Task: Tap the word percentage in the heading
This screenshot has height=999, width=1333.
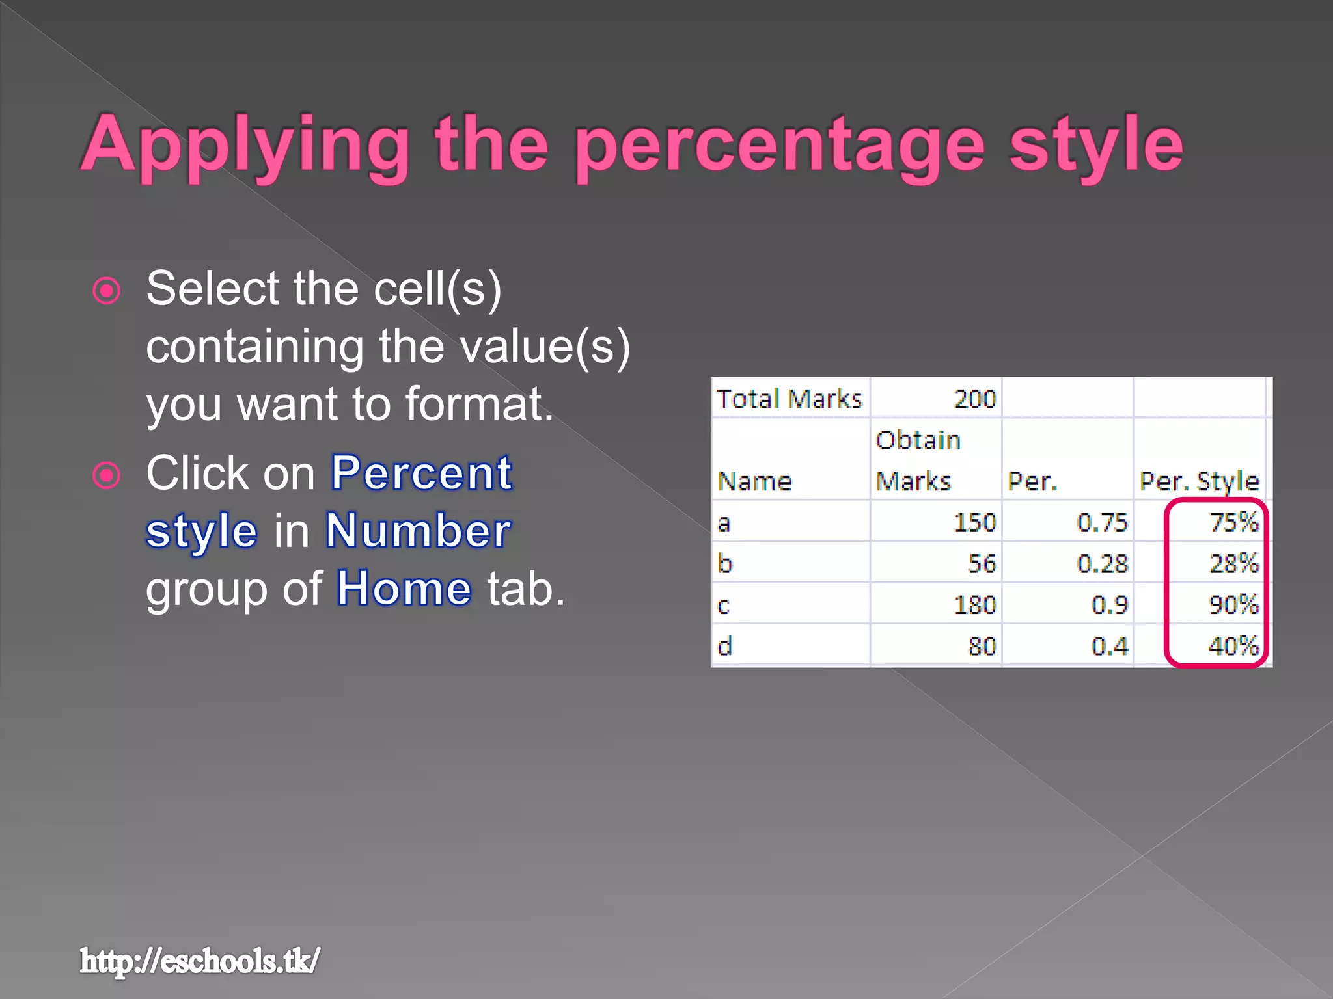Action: click(x=780, y=144)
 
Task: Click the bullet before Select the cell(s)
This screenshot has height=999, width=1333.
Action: click(x=107, y=291)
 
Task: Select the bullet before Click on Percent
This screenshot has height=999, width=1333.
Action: click(x=107, y=475)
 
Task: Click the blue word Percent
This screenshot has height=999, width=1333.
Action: click(x=422, y=473)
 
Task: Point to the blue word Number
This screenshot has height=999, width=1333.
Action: click(x=419, y=531)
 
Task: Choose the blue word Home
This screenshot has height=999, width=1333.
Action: click(x=404, y=589)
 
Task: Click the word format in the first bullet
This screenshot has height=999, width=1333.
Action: click(x=478, y=404)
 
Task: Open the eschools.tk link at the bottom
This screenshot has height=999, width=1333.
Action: click(x=200, y=961)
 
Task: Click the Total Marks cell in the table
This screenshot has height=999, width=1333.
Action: click(x=789, y=399)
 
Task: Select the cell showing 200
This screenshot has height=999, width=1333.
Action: click(x=974, y=399)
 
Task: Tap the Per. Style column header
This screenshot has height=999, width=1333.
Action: click(x=1199, y=481)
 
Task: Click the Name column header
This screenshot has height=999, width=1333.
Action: click(x=754, y=482)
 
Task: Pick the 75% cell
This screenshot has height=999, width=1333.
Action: click(x=1233, y=522)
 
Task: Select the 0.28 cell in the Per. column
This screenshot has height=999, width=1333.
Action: click(x=1101, y=563)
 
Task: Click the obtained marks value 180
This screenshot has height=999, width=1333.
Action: click(x=974, y=605)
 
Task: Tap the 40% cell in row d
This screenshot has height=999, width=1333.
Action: click(x=1233, y=646)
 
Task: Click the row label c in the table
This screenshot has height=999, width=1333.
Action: click(x=724, y=606)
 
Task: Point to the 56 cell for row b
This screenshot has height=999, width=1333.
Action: click(x=982, y=563)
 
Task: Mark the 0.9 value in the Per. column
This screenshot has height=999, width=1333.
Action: click(x=1109, y=605)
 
